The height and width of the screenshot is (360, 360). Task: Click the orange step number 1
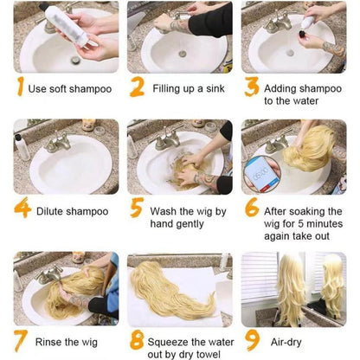[20, 86]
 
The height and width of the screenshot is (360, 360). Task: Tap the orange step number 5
[137, 208]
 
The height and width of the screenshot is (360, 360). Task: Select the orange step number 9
[253, 341]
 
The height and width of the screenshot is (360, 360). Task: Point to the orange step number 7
[21, 341]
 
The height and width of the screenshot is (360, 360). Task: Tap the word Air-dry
[286, 343]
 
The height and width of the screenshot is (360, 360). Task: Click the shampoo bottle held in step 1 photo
[67, 23]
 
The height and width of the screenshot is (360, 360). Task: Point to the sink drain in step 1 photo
[75, 60]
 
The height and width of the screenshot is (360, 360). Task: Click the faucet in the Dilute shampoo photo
[59, 142]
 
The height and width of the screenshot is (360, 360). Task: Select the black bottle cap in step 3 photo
[303, 34]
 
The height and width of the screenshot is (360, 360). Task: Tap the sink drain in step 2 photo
[183, 54]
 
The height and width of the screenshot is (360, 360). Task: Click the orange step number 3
[252, 86]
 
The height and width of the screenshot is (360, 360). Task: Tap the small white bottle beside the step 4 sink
[22, 148]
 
